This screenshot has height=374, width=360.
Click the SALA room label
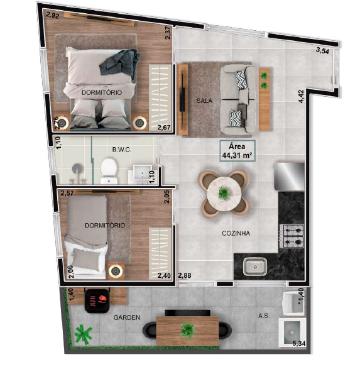coord(204,101)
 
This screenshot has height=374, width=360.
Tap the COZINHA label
coord(236,233)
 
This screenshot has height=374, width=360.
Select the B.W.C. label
coord(122,150)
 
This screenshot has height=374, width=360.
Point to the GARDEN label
coord(126,317)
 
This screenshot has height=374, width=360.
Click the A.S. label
coord(264,316)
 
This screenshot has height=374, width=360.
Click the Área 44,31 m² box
coord(237,151)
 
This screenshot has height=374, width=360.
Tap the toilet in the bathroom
coord(109,171)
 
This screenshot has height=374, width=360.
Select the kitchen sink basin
coord(255,266)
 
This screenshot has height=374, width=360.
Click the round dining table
coord(223,193)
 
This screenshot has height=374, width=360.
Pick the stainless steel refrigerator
coord(290,177)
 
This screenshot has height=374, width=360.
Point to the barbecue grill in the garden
coord(97,300)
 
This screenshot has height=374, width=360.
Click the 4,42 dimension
coord(301,96)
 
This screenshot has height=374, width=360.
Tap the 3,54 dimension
coord(322,50)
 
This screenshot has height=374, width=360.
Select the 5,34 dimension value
coord(298,343)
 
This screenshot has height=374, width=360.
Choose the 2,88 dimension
coord(185,275)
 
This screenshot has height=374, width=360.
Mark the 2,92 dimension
coord(52,15)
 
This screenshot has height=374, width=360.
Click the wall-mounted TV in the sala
coord(182,98)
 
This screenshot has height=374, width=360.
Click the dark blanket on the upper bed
coord(121,62)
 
